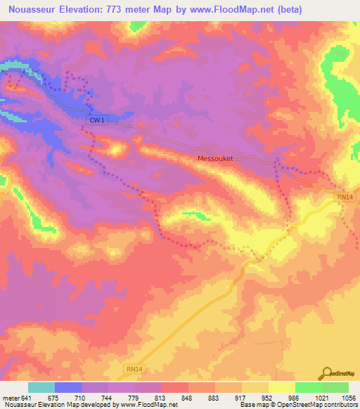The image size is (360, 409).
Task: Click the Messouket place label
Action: (x=219, y=159)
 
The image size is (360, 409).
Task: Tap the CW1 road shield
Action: (x=96, y=120)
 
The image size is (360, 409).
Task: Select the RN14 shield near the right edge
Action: (x=345, y=198)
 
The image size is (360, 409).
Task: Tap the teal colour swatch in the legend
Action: (x=41, y=387)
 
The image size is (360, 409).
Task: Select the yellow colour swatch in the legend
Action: (x=281, y=387)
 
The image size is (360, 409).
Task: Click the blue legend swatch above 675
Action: (x=68, y=387)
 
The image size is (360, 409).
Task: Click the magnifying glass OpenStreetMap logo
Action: (x=326, y=373)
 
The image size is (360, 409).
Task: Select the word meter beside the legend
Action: (x=11, y=398)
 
